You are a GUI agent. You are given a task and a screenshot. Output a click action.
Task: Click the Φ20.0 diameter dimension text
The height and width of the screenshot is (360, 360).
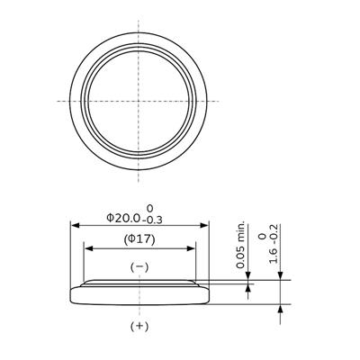[x=123, y=218]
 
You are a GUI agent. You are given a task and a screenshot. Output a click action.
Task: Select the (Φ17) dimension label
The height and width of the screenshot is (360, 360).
[x=139, y=239]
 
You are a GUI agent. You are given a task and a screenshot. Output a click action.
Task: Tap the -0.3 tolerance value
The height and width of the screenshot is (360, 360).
[x=153, y=220]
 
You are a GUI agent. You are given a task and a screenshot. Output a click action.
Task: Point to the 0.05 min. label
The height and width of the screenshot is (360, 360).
[x=240, y=245]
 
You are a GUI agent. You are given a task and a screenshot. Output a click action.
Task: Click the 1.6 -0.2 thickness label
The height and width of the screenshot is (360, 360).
[x=274, y=244]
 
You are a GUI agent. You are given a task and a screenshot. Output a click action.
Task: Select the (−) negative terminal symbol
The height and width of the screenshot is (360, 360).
[x=139, y=267]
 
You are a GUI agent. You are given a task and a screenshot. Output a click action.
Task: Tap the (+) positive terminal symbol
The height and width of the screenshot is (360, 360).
[x=139, y=326]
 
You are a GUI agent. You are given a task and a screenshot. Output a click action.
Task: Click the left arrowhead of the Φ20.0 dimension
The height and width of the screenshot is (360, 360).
[x=75, y=225]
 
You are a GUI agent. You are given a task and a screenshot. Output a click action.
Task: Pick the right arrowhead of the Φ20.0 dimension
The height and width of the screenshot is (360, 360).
[x=204, y=225]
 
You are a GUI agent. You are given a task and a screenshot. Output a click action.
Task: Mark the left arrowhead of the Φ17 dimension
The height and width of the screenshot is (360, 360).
[x=88, y=248]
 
